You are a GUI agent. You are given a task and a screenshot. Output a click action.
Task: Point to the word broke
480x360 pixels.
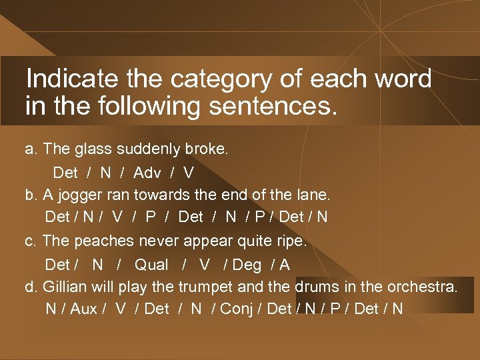(x=207, y=149)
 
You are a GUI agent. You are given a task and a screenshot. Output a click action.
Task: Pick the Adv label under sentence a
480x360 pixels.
(x=147, y=173)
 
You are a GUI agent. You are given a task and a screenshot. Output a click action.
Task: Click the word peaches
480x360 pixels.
(x=97, y=241)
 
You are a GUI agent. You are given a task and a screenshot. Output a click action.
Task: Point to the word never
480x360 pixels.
(x=152, y=241)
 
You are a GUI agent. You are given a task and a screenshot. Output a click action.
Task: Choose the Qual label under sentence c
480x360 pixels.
(x=151, y=265)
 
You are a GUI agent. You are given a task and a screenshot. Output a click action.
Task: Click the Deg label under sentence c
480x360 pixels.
(x=247, y=265)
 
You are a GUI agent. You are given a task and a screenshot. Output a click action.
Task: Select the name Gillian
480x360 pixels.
(x=65, y=287)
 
